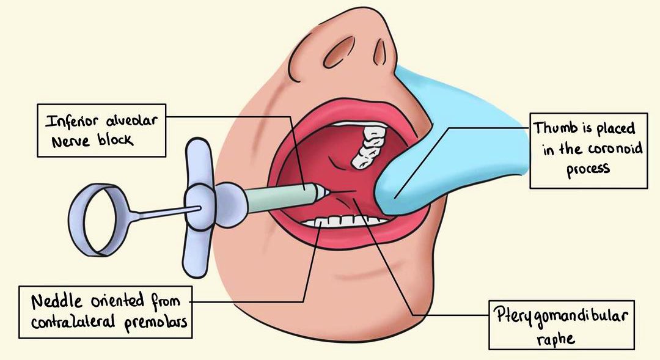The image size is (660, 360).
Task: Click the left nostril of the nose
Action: click(x=336, y=56)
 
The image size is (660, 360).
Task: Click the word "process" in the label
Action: click(x=588, y=169)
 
